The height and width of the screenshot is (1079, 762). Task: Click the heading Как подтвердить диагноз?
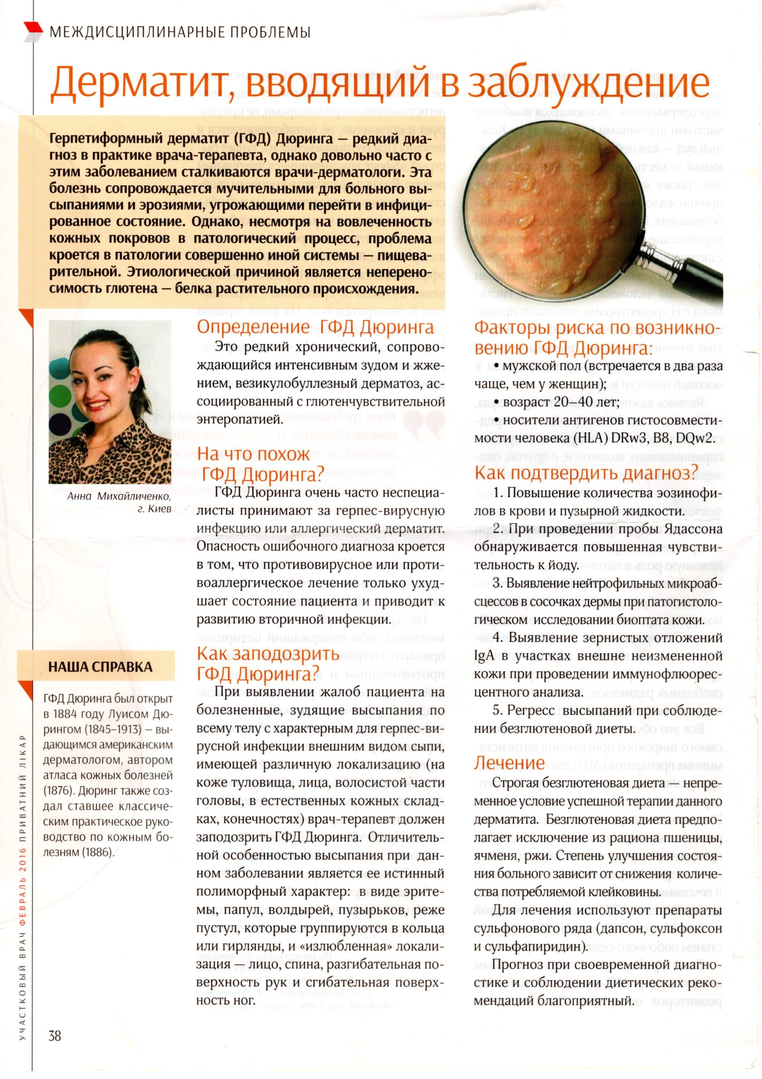point(584,473)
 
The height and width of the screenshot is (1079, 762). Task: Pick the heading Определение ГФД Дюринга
point(315,327)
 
